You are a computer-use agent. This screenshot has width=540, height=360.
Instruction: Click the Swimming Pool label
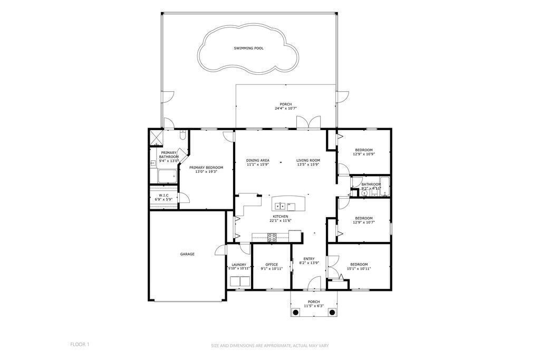coord(248,48)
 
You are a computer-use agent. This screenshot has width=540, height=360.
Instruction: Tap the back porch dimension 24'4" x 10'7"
coord(285,109)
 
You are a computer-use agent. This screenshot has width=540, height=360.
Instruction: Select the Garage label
coord(187,254)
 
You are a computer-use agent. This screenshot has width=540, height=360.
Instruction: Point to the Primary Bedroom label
coord(206,168)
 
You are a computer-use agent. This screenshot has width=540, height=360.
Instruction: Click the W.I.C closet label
coord(163,195)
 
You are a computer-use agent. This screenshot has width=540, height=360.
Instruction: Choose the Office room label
coord(272,265)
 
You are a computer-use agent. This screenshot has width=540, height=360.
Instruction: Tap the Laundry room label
coord(239,265)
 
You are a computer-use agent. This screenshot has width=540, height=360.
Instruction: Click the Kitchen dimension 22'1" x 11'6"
coord(281,221)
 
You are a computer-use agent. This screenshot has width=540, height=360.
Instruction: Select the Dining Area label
coord(257,160)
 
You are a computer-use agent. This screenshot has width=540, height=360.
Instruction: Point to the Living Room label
coord(308,160)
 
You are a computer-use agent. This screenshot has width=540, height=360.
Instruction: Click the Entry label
coord(309,259)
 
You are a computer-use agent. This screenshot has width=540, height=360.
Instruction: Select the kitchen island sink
coord(281,206)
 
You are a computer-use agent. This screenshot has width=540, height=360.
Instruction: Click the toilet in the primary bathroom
coord(183,135)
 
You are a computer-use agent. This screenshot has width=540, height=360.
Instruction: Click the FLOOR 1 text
coord(80,344)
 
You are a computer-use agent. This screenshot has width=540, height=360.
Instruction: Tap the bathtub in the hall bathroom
coord(384,186)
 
